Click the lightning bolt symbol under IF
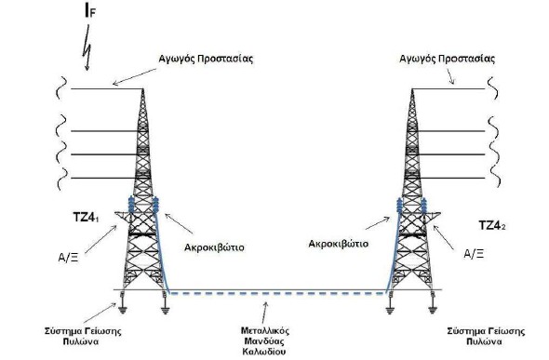tap(87, 48)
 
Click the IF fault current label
tap(90, 11)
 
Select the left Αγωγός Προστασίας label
tap(206, 59)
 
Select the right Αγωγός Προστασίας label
tap(448, 59)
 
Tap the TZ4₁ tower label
tap(86, 218)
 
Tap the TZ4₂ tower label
tap(492, 225)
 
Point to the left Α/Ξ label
tap(68, 258)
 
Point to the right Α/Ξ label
tap(474, 254)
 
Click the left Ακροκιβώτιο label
tap(214, 247)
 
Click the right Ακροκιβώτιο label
tap(338, 244)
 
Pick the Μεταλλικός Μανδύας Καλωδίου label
tap(264, 340)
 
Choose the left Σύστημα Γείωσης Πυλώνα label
tap(83, 336)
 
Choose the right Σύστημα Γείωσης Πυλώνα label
tap(486, 336)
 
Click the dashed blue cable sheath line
tap(277, 293)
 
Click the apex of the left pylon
tap(142, 89)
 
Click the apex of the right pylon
tap(412, 89)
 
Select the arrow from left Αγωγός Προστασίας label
tap(134, 76)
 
